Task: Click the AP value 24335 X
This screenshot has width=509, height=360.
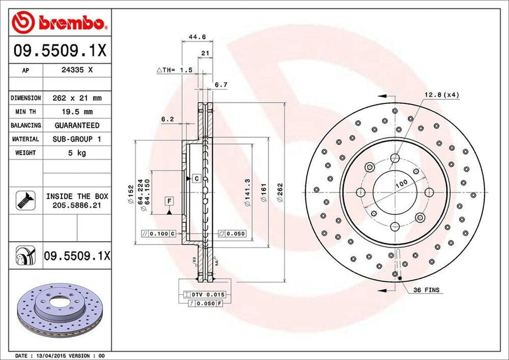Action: (x=77, y=71)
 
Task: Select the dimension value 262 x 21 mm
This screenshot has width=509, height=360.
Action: (x=77, y=98)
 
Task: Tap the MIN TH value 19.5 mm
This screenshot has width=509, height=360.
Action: (x=77, y=112)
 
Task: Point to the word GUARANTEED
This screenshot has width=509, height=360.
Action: (x=77, y=126)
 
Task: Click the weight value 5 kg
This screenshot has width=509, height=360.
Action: (x=77, y=153)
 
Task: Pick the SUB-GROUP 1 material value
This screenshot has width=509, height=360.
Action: (x=77, y=140)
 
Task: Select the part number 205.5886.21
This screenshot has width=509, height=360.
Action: (x=77, y=205)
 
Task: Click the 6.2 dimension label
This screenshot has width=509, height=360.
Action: (x=168, y=119)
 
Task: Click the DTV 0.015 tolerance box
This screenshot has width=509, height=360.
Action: (x=204, y=295)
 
